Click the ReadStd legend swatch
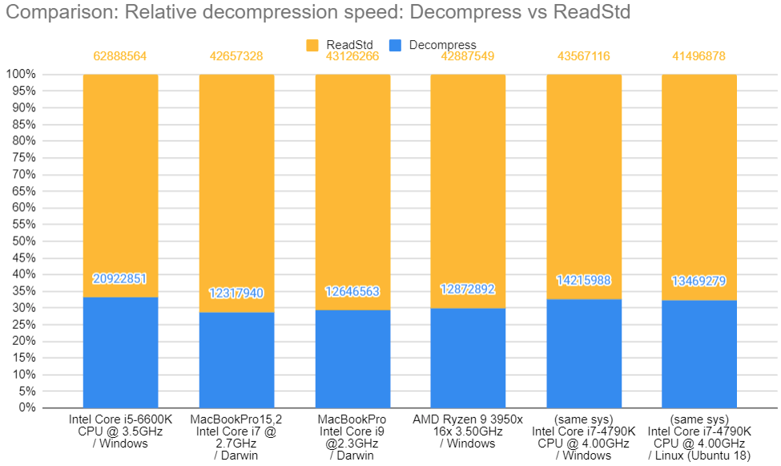(312, 45)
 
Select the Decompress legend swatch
(394, 45)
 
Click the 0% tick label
(26, 407)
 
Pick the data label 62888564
(120, 56)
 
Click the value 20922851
(120, 279)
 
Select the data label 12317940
(236, 294)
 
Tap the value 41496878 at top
(700, 56)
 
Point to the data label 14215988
(584, 281)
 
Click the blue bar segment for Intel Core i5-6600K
(120, 353)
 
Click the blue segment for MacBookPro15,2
(236, 360)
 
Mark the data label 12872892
(468, 290)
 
